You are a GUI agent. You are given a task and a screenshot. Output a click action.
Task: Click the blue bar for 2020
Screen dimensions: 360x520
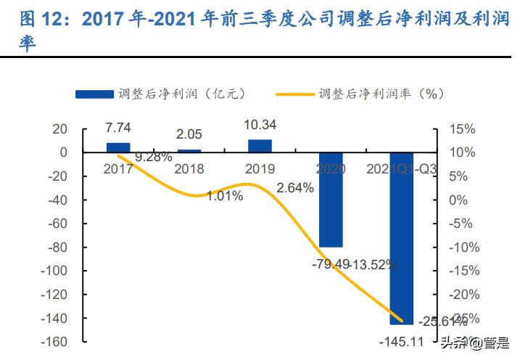point(331,200)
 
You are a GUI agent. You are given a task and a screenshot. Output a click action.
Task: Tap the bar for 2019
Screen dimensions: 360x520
point(260,146)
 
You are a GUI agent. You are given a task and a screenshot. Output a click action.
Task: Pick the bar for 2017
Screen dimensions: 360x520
point(118,147)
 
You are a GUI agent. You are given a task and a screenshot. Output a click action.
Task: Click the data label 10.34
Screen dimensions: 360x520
point(260,126)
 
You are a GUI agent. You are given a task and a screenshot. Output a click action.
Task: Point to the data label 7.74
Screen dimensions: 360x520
point(118,128)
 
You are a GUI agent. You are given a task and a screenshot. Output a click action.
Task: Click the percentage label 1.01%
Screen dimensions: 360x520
point(225,195)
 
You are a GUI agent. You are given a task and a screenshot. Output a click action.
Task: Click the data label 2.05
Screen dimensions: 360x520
point(189,134)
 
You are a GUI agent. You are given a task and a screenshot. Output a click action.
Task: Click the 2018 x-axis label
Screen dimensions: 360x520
point(189,168)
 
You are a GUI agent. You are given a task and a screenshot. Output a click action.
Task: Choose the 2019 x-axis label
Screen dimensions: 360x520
point(260,168)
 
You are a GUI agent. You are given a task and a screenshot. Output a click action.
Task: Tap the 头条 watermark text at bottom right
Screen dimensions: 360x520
point(451,342)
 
